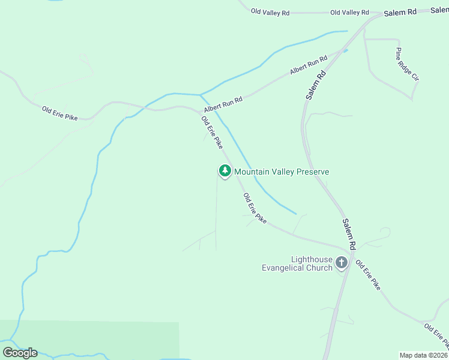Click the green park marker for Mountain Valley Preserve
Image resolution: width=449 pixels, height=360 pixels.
point(224,171)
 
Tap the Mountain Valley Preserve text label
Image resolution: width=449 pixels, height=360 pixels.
point(282,172)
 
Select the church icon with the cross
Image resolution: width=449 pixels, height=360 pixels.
point(342,262)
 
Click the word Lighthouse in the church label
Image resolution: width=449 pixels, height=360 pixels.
point(312,259)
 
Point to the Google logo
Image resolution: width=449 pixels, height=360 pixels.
point(20,352)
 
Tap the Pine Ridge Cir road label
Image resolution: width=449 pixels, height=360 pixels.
point(406,65)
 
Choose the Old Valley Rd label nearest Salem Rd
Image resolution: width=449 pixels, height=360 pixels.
point(349,13)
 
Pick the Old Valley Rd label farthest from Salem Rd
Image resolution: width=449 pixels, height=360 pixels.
point(270,11)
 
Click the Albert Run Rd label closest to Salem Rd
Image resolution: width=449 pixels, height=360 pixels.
point(309,65)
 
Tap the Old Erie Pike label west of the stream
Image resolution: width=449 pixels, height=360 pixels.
point(60,112)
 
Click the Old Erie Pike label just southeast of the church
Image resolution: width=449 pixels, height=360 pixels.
point(368,275)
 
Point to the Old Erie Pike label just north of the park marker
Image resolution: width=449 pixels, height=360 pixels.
point(212,132)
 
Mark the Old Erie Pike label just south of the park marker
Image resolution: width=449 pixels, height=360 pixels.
point(255,209)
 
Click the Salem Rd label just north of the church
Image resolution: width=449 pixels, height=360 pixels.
point(349,233)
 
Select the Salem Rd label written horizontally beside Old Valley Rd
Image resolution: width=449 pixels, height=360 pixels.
point(400,12)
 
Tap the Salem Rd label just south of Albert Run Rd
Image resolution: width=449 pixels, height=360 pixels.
point(315,85)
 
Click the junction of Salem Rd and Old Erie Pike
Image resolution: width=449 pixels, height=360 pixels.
point(350,248)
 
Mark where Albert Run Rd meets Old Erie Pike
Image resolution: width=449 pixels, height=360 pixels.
point(201,112)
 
